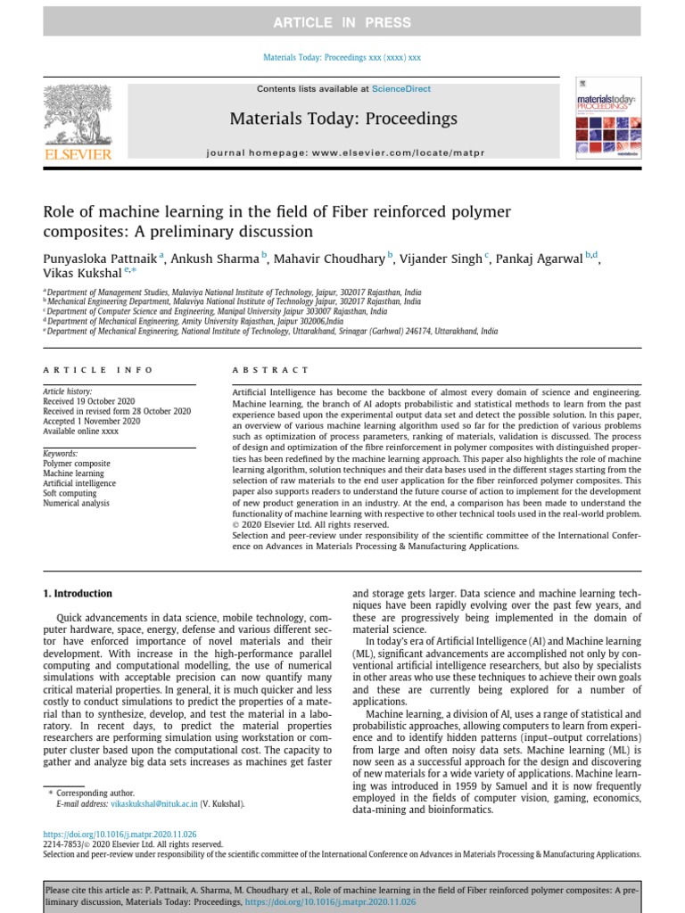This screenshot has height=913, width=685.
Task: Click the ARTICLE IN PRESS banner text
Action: pyautogui.click(x=342, y=22)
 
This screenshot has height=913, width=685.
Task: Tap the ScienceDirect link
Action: pyautogui.click(x=400, y=89)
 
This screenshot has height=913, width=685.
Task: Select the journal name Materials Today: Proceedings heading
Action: pyautogui.click(x=343, y=119)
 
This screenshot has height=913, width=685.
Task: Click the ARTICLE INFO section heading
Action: pyautogui.click(x=99, y=370)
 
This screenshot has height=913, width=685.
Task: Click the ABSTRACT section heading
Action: pyautogui.click(x=270, y=370)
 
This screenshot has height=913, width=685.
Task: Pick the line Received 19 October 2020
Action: pyautogui.click(x=89, y=402)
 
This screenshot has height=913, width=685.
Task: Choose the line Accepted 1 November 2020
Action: pyautogui.click(x=91, y=422)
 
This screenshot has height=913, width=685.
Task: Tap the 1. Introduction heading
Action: pyautogui.click(x=78, y=594)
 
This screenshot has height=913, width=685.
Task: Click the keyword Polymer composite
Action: pyautogui.click(x=77, y=464)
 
